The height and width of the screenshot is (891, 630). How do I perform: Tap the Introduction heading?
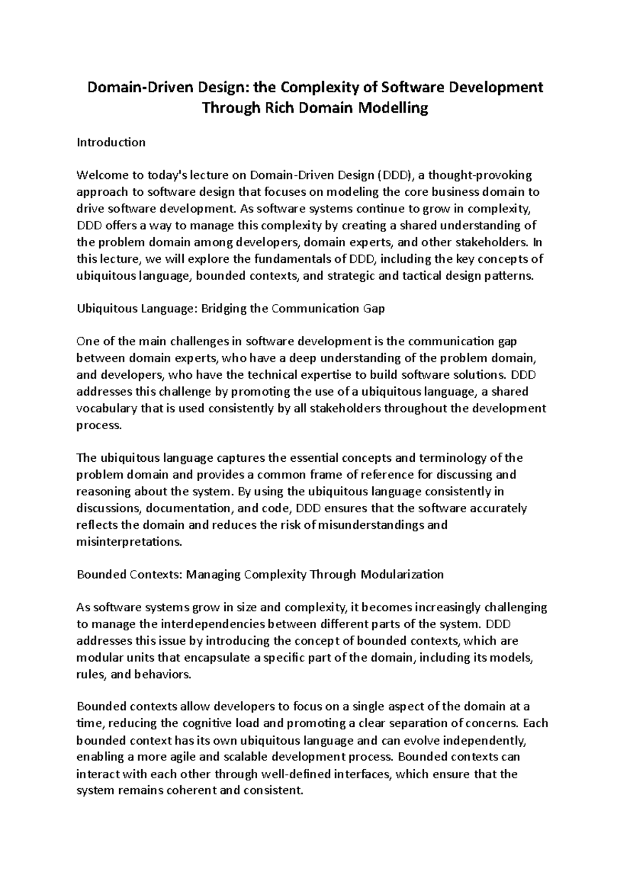tap(111, 142)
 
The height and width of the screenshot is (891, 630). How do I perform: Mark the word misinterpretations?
tap(129, 542)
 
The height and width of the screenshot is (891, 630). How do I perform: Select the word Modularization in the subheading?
tap(402, 575)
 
